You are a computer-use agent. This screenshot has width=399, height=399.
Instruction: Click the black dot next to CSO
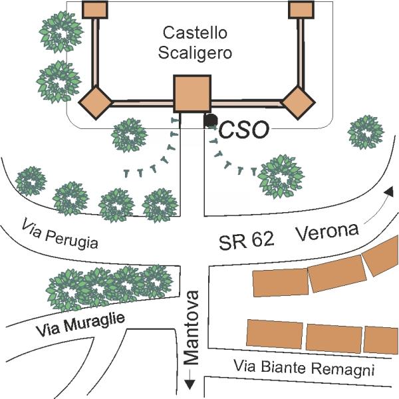pos(211,120)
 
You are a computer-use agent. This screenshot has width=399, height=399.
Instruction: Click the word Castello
pos(196,32)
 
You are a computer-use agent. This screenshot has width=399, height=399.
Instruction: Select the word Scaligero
pos(196,53)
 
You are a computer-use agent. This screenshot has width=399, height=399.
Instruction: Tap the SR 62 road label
pos(246,241)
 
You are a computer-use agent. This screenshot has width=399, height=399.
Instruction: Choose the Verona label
pos(327,232)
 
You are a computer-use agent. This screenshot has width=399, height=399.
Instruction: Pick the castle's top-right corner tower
pos(301,9)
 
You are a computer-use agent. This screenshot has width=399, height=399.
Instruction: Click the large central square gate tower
pos(192,94)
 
